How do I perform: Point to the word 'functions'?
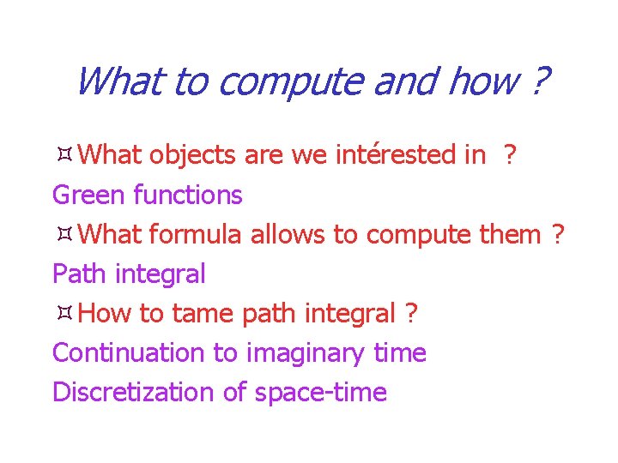[188, 195]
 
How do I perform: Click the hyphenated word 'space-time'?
[320, 393]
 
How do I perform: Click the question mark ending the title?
[539, 83]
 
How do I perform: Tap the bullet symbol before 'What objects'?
[63, 156]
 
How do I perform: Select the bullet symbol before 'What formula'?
[63, 235]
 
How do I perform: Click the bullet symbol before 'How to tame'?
[63, 314]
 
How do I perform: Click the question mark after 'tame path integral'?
[411, 314]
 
